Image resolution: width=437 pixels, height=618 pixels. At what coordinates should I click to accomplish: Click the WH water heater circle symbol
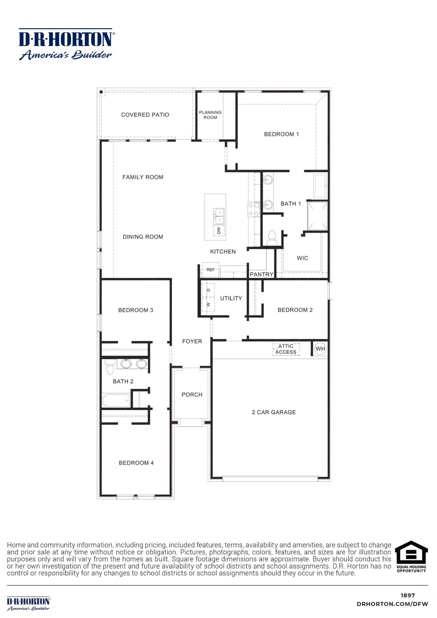(x=320, y=349)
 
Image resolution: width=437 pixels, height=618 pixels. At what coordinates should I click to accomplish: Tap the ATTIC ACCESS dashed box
(x=286, y=349)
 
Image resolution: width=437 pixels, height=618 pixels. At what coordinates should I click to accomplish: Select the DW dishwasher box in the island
(x=219, y=231)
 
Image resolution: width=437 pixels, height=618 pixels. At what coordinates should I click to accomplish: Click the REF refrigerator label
(x=210, y=270)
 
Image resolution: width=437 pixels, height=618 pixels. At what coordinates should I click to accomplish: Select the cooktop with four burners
(x=253, y=209)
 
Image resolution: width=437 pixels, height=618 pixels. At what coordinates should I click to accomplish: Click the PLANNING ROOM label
(x=210, y=115)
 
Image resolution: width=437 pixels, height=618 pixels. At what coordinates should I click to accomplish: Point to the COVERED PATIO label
(x=145, y=115)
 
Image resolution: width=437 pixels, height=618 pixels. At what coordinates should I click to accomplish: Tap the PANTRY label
(x=261, y=274)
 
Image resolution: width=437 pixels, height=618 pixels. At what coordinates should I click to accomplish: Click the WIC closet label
(x=302, y=258)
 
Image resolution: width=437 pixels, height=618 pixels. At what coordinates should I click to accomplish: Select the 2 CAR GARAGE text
(x=274, y=412)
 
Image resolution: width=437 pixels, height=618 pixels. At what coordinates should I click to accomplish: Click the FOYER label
(x=192, y=341)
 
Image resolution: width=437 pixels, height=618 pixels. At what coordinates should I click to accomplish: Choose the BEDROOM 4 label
(x=136, y=463)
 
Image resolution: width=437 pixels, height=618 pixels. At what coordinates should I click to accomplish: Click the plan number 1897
(x=408, y=595)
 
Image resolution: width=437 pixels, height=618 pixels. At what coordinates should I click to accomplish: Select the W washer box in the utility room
(x=208, y=304)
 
